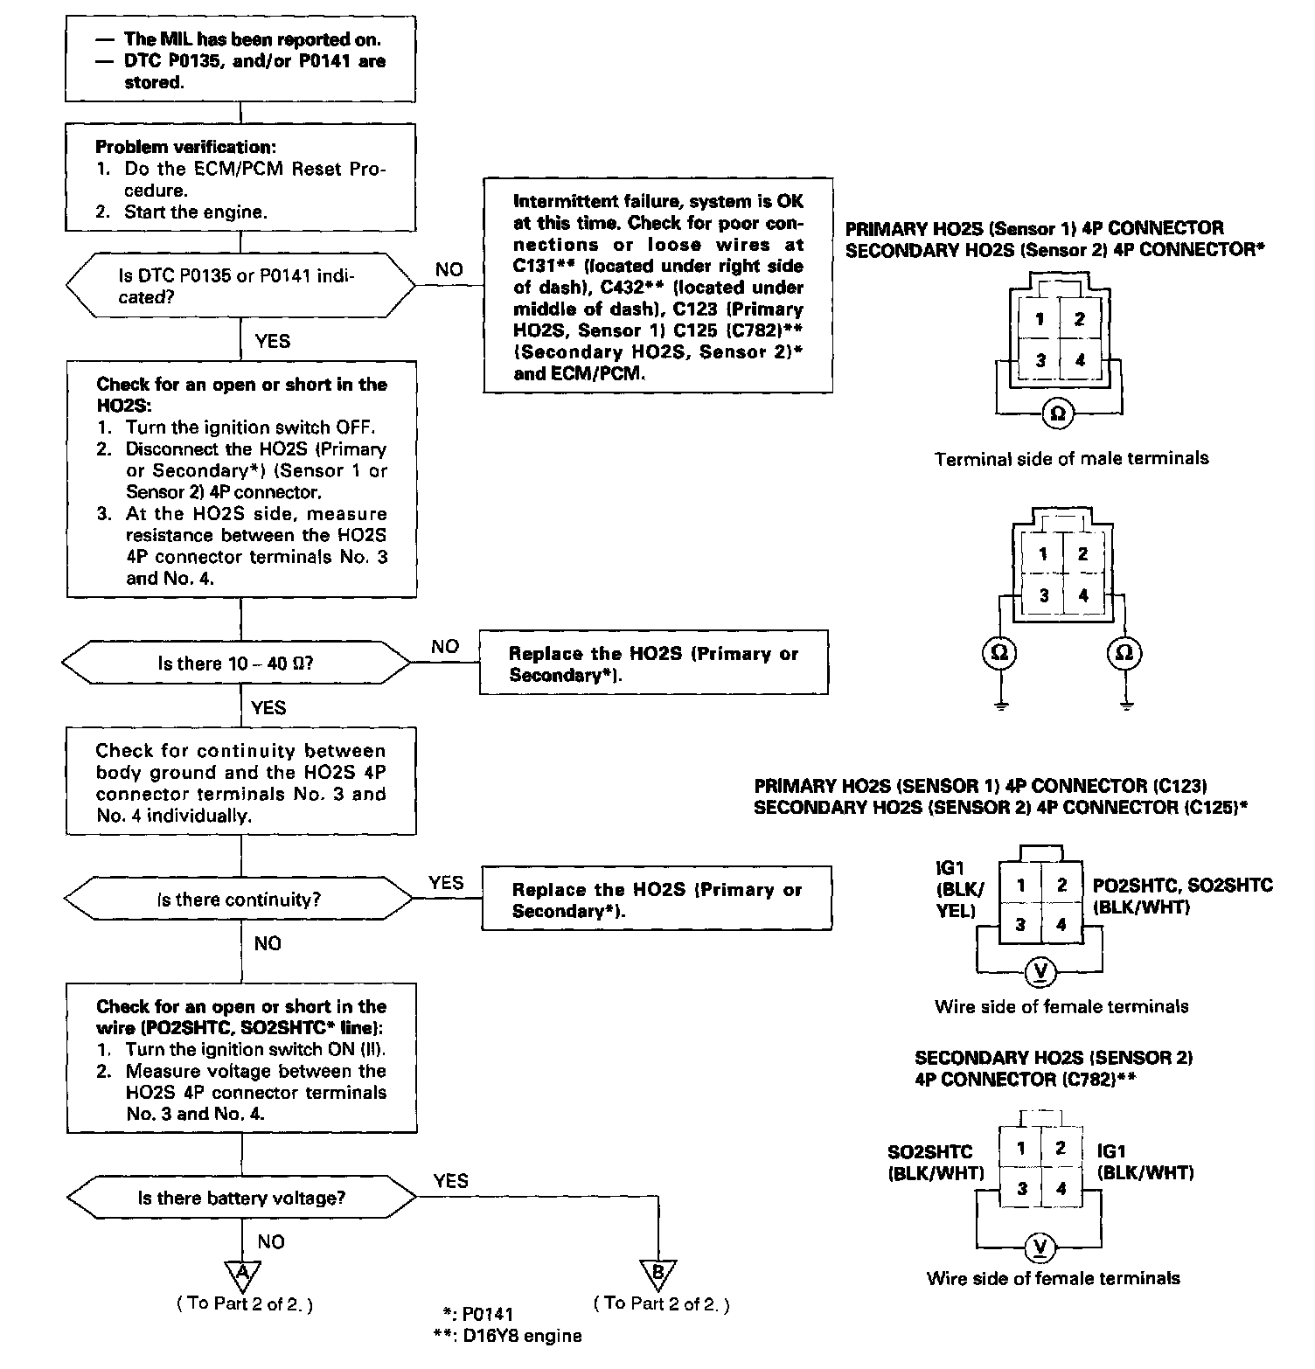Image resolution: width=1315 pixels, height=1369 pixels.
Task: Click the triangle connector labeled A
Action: click(242, 1270)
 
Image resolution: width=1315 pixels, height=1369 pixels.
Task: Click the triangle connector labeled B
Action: click(657, 1272)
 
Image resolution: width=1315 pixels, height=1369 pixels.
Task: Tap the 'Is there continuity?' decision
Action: click(239, 900)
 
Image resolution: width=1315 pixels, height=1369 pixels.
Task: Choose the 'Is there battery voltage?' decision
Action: click(241, 1198)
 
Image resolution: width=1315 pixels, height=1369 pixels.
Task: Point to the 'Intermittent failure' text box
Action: click(657, 286)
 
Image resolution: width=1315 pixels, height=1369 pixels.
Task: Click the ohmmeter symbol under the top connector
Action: click(1057, 413)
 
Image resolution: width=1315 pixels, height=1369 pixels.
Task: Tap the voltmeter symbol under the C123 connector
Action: click(1040, 972)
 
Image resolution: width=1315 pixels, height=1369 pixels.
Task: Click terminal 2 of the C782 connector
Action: click(1061, 1148)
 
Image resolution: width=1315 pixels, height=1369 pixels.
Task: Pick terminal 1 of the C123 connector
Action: click(1020, 885)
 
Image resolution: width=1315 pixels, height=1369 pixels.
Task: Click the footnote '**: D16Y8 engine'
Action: click(506, 1335)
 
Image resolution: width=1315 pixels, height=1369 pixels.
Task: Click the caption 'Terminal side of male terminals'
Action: click(1071, 458)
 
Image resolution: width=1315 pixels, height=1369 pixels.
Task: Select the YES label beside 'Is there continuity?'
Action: click(446, 883)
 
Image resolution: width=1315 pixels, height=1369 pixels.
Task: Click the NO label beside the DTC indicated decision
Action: click(449, 269)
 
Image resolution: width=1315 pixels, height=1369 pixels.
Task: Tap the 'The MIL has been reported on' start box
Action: click(240, 61)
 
